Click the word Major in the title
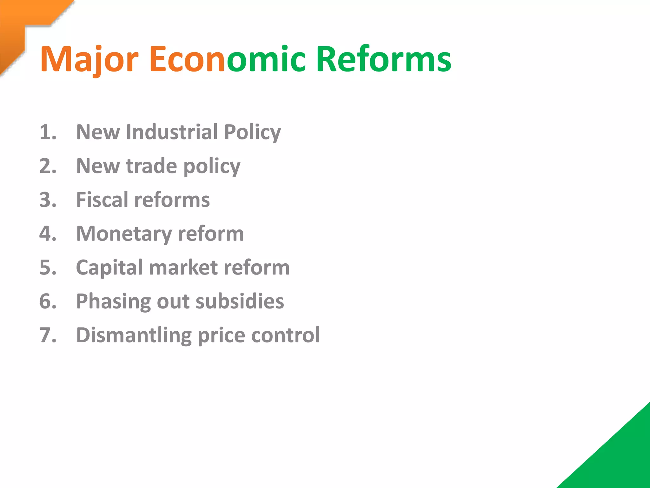(x=89, y=59)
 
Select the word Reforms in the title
(x=383, y=59)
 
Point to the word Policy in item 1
(x=252, y=132)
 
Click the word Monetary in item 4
(x=124, y=234)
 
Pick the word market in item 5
(x=183, y=268)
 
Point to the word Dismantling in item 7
(x=134, y=335)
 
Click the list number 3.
(x=48, y=200)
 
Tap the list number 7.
(x=48, y=335)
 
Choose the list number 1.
(x=48, y=132)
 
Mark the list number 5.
(x=48, y=268)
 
